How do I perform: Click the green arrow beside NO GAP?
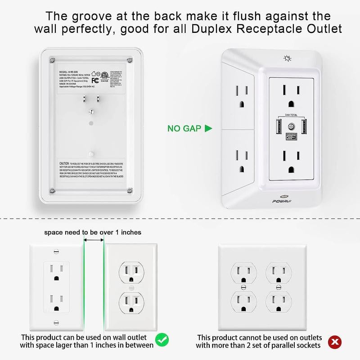[x=208, y=128]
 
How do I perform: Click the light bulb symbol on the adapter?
[x=287, y=58]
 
